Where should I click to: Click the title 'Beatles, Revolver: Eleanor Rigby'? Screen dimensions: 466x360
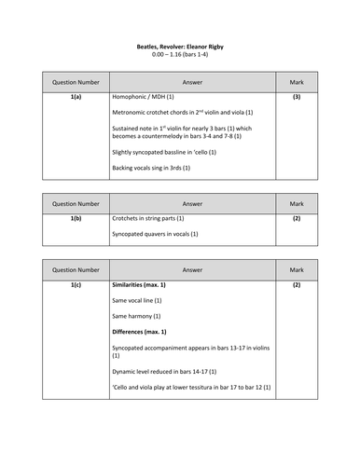[178, 46]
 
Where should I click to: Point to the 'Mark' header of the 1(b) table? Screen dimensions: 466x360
[297, 202]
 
